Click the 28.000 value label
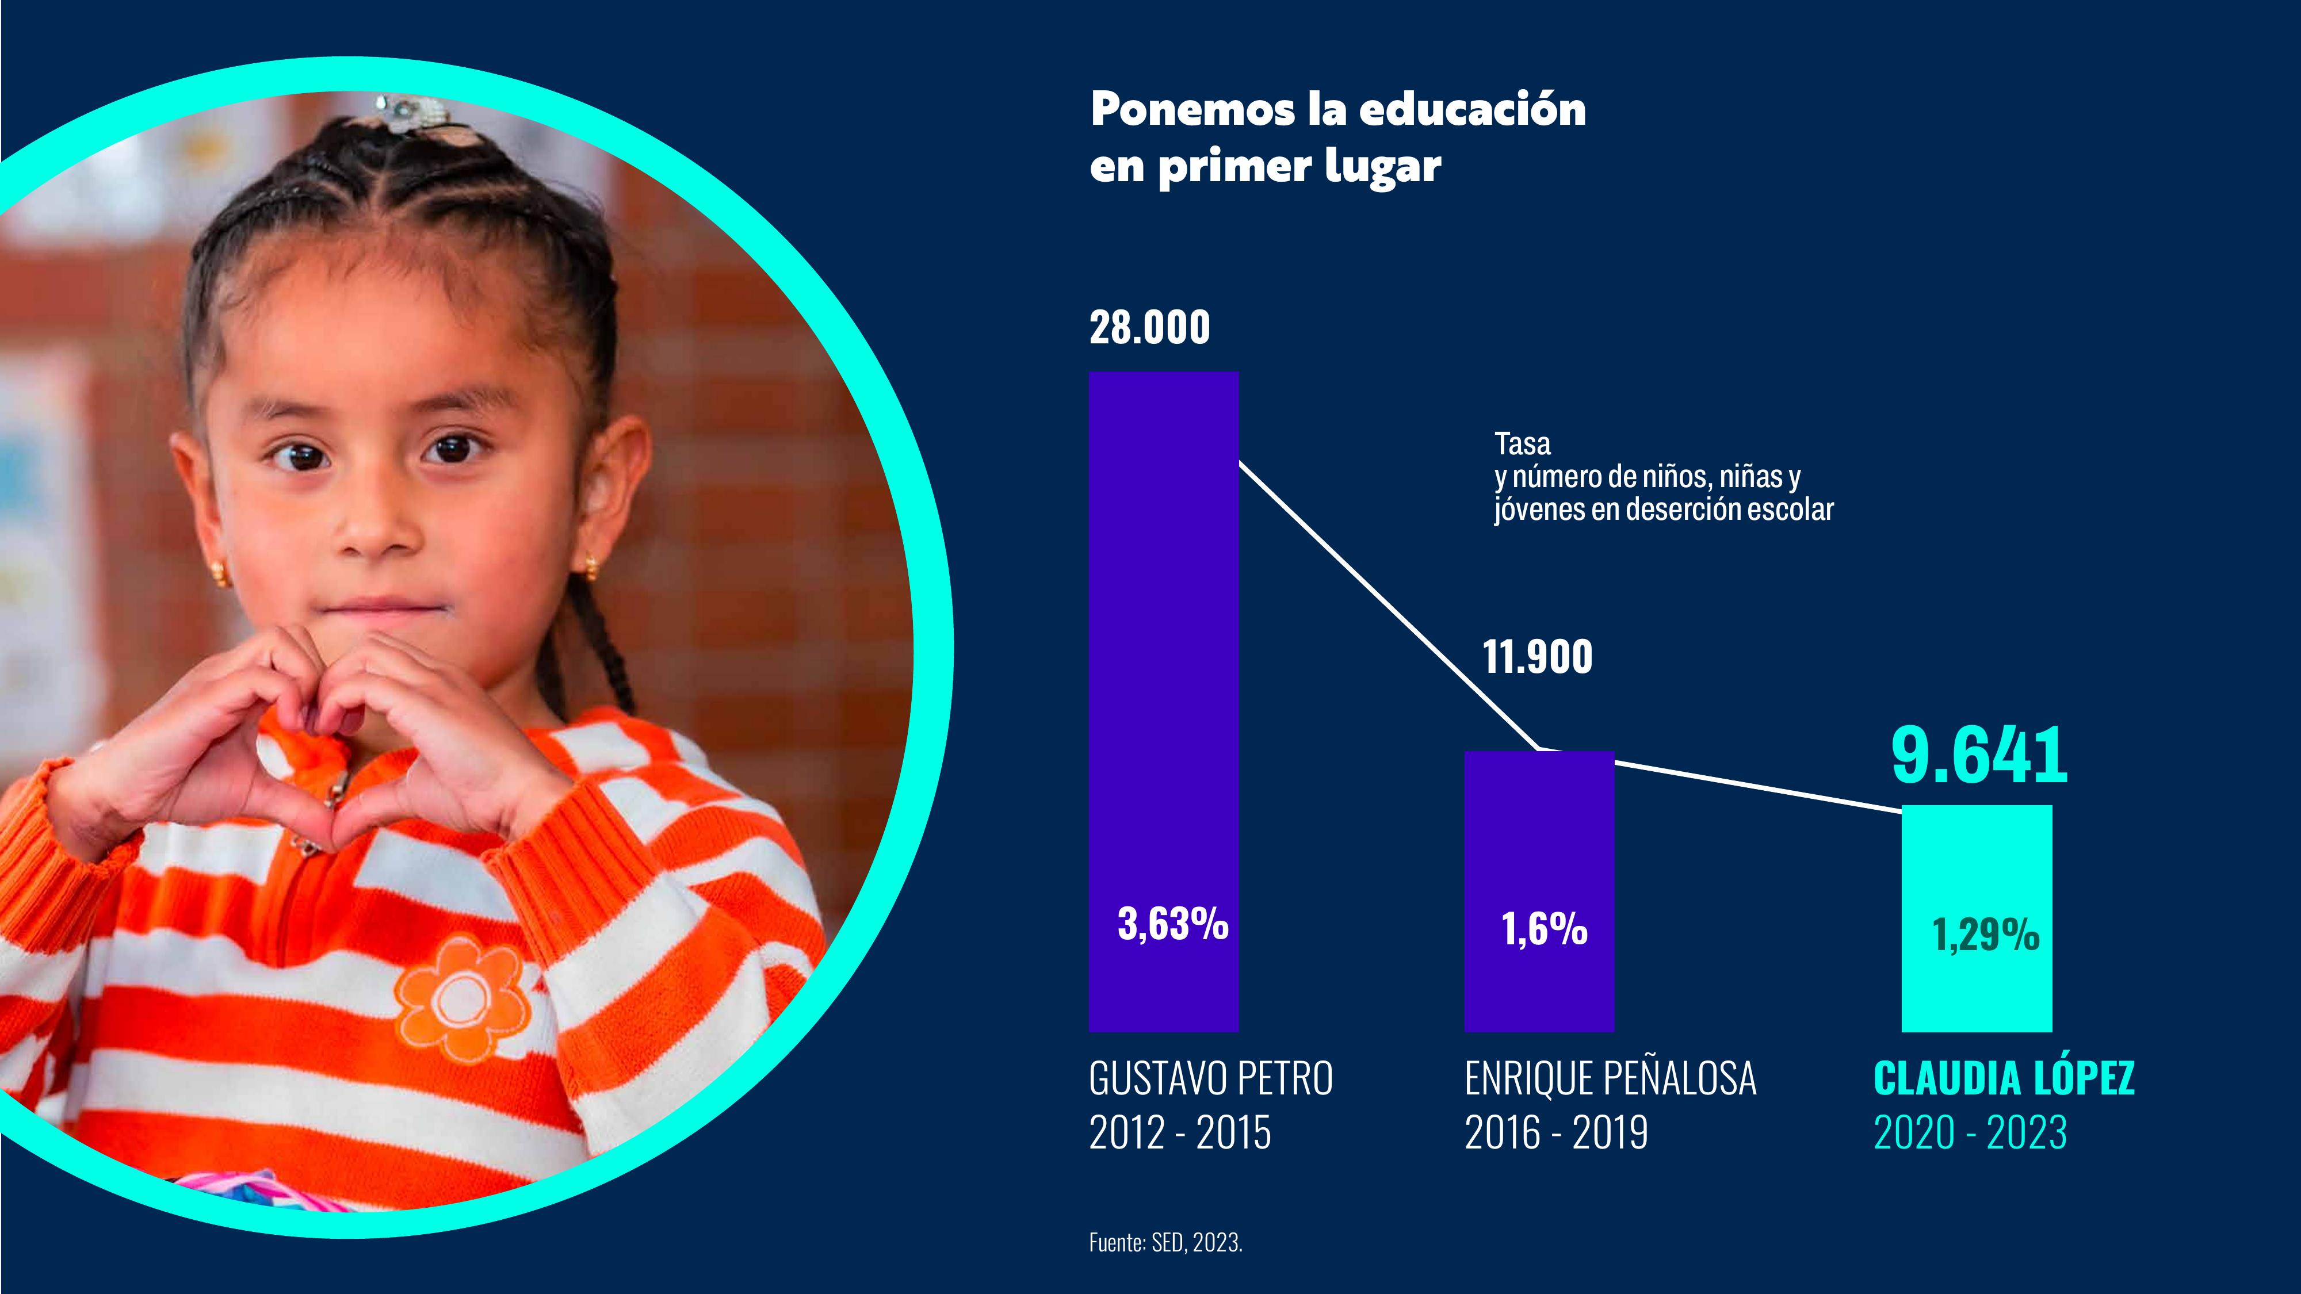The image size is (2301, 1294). click(1149, 328)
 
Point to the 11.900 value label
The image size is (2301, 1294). click(1537, 657)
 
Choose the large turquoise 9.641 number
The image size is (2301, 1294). click(1978, 756)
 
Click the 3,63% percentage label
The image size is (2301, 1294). click(1173, 924)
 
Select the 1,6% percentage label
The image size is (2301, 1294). click(1545, 929)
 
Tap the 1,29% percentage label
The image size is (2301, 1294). click(1986, 935)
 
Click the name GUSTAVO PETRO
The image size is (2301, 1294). click(1210, 1079)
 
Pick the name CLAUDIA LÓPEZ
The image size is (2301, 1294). click(2004, 1079)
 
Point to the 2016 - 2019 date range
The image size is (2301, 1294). click(1556, 1133)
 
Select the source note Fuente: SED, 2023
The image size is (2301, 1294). click(1165, 1242)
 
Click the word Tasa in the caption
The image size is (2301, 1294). click(1522, 444)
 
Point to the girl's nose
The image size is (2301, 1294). click(380, 527)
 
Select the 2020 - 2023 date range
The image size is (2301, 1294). click(1970, 1133)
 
